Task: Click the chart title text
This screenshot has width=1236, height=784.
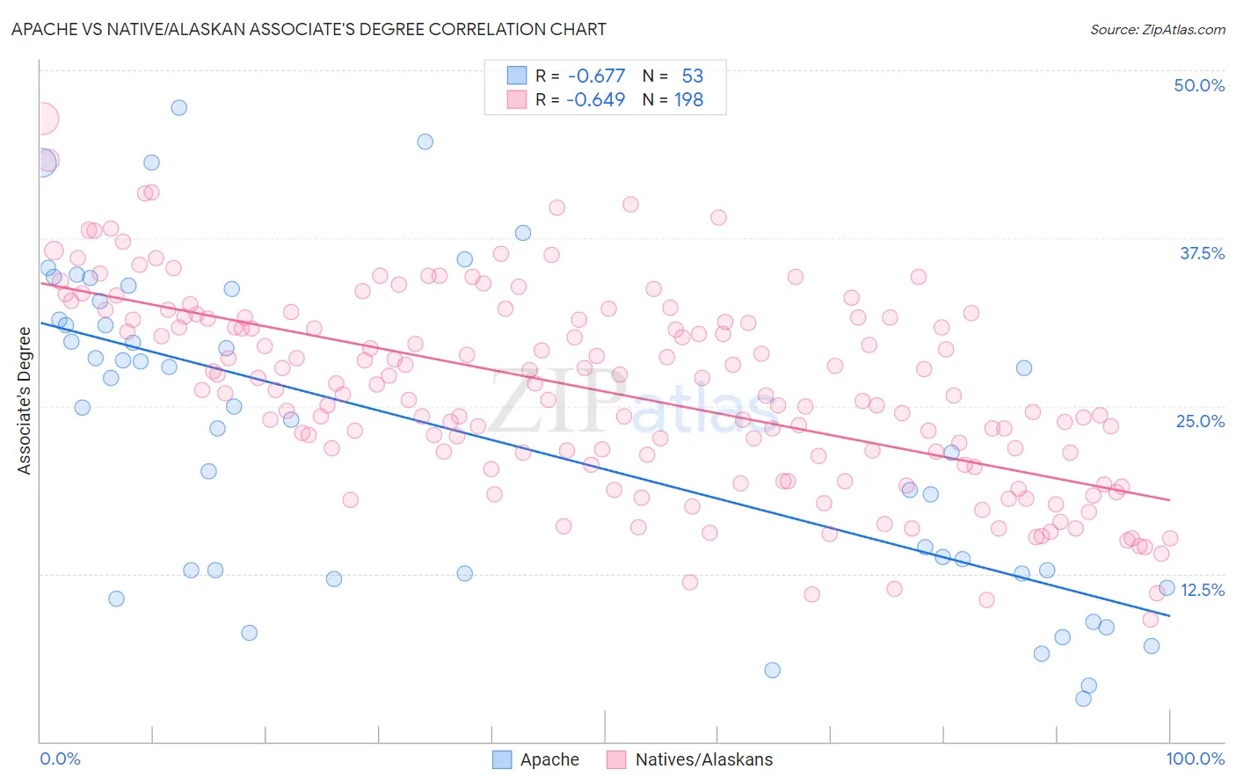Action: click(x=308, y=29)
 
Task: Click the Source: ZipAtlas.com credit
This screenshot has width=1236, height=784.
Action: click(x=1157, y=30)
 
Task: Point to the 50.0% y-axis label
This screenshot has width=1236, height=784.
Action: click(x=1198, y=85)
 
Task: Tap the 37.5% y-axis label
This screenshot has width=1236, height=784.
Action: click(x=1201, y=253)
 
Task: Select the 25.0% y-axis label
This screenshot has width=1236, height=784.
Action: click(x=1199, y=421)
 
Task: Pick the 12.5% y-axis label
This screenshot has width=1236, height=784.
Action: click(x=1201, y=590)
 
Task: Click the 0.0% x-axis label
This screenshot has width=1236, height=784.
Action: click(x=60, y=759)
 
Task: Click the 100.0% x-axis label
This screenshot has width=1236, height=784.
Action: click(x=1195, y=759)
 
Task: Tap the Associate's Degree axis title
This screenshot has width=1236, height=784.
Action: click(x=25, y=400)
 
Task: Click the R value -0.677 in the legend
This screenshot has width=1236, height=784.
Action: click(x=596, y=76)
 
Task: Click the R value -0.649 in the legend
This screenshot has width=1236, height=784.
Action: click(x=596, y=100)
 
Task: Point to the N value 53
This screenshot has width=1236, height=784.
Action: click(x=692, y=76)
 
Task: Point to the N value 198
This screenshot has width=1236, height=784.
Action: click(x=688, y=100)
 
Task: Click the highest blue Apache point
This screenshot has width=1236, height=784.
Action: click(x=178, y=107)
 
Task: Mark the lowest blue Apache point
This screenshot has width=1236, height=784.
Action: click(x=1083, y=699)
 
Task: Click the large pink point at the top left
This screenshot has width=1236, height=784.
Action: click(x=42, y=119)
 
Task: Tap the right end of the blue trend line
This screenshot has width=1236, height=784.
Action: click(x=1169, y=615)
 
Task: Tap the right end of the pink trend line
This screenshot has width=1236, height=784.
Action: click(x=1169, y=499)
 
